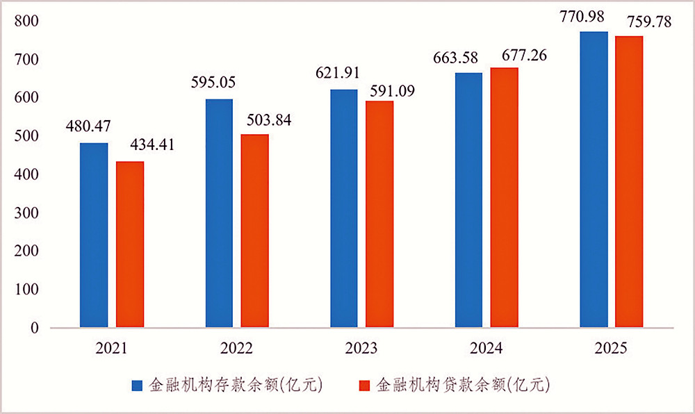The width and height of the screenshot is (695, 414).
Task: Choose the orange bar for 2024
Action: pos(505,197)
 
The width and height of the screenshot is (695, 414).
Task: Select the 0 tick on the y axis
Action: pos(33,329)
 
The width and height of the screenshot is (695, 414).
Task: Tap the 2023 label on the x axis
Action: pos(361,348)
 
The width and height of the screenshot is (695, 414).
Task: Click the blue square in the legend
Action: pos(138,384)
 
